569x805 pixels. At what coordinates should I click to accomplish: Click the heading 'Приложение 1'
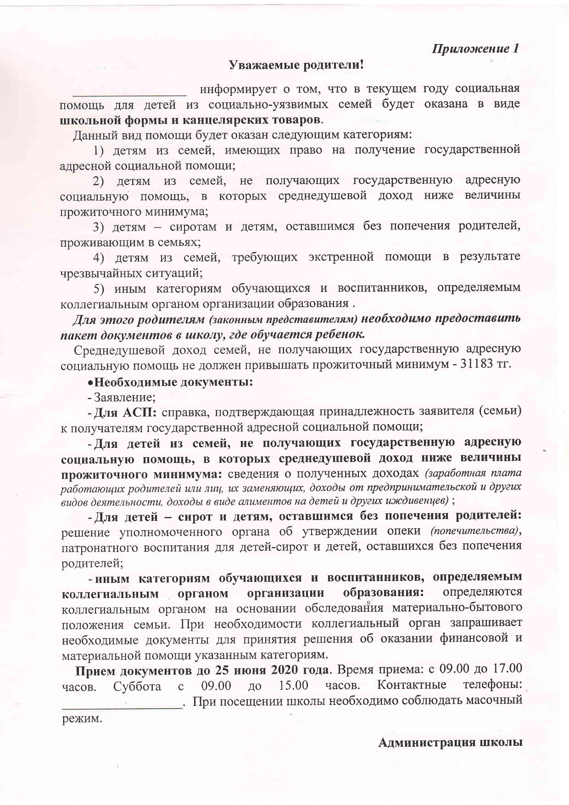(475, 49)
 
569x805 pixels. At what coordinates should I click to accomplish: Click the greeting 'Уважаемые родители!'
(296, 65)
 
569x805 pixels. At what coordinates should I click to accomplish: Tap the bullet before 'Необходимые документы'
(90, 382)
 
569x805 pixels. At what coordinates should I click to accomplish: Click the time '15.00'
(293, 686)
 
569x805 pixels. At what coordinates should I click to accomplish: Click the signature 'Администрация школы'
(450, 743)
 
